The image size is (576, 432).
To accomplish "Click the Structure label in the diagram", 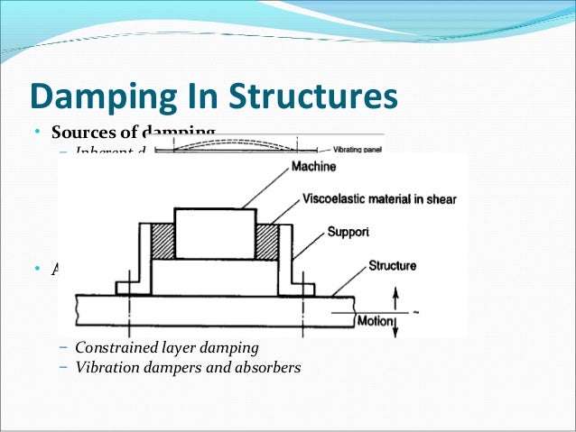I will click(392, 266).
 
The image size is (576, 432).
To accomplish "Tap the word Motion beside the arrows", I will click(372, 320).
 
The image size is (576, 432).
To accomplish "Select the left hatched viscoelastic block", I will click(163, 241).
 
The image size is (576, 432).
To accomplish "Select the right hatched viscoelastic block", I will click(268, 241).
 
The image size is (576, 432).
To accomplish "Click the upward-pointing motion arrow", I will click(394, 298).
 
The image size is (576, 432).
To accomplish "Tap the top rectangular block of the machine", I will click(215, 233).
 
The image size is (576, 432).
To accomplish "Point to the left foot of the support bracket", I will click(126, 288).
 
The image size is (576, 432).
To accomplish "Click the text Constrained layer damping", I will click(167, 348).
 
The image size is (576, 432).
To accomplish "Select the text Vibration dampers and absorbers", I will click(188, 367).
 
